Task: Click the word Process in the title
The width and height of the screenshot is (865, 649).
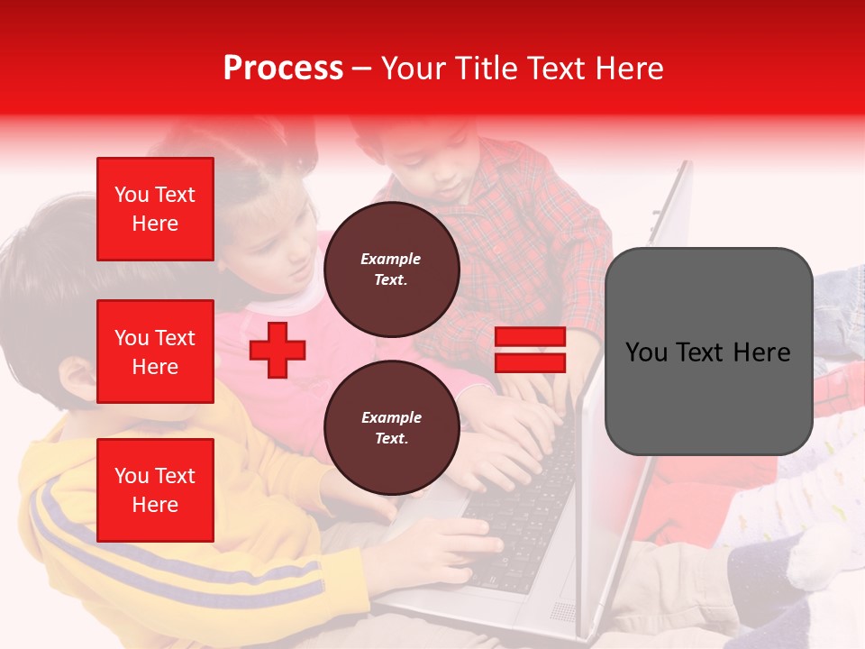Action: [x=283, y=69]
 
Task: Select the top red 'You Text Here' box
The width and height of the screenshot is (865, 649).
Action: [x=155, y=209]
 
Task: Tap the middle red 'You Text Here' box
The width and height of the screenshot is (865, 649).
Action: [x=155, y=352]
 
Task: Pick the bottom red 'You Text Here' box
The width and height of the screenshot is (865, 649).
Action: [x=155, y=489]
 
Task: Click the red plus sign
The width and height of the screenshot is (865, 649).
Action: [x=278, y=350]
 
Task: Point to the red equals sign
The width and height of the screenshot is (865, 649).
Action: [x=530, y=351]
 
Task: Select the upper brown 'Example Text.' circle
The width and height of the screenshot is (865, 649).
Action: [x=391, y=270]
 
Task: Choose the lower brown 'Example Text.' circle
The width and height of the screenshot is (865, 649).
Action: [x=391, y=428]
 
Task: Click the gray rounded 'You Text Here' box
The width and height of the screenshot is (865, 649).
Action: [x=708, y=352]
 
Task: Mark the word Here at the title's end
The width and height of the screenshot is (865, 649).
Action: [x=628, y=69]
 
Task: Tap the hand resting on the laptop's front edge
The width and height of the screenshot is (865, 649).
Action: [x=451, y=550]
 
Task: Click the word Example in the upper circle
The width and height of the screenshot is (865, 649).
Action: [x=391, y=260]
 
